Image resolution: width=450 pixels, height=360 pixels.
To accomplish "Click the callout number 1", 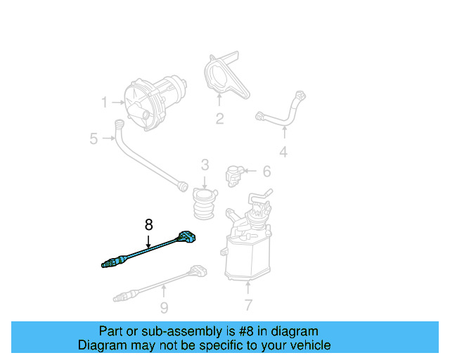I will [104, 103].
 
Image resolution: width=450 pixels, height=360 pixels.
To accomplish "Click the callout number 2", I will [219, 119].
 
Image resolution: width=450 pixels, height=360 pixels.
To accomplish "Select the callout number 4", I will [283, 151].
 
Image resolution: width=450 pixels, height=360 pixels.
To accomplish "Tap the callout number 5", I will [94, 139].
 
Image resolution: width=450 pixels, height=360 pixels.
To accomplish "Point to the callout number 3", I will [205, 165].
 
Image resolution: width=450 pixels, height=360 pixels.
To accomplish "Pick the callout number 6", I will [266, 171].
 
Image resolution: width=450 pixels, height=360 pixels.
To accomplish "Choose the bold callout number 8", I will [148, 225].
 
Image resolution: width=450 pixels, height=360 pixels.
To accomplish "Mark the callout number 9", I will [164, 307].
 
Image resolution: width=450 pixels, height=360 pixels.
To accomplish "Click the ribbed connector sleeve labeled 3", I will [204, 204].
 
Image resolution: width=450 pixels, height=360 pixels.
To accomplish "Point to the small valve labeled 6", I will [235, 173].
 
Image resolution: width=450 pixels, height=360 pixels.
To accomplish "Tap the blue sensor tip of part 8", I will [110, 264].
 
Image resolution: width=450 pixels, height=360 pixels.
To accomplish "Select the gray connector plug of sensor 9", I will [198, 271].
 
